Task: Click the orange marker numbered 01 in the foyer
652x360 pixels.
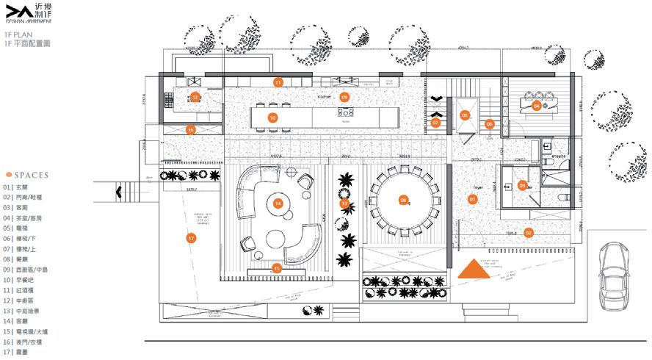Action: coord(472,199)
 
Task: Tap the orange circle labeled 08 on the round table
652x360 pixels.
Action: coord(403,199)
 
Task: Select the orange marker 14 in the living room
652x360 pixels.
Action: coord(278,203)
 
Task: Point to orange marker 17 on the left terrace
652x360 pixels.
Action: coord(191,238)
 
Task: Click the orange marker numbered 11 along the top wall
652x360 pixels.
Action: coord(278,82)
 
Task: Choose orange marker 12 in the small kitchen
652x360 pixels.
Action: coord(195,97)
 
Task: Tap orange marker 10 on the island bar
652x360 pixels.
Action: coord(272,118)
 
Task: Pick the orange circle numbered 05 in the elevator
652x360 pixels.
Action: coord(465,115)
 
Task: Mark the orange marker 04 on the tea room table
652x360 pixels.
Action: coord(537,106)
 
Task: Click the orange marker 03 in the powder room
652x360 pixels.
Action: coord(523,186)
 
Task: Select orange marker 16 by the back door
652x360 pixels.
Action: coord(190,130)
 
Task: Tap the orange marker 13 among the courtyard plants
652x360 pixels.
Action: coord(344,203)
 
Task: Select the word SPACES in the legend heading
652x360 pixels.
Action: coord(30,175)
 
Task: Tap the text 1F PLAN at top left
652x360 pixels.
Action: coord(15,35)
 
